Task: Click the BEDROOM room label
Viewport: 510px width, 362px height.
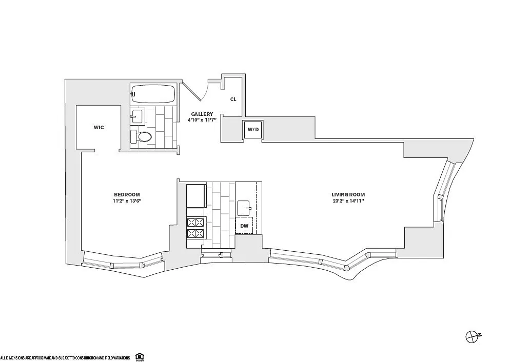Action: pos(127,195)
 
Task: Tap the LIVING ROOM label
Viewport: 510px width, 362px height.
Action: pos(348,195)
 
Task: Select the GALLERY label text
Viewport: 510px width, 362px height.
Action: pos(202,114)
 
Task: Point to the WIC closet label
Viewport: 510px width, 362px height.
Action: pos(99,127)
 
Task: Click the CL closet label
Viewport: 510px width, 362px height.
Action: pos(233,99)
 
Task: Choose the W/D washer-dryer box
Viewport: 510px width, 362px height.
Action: pos(253,130)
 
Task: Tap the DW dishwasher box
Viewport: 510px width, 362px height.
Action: pos(244,226)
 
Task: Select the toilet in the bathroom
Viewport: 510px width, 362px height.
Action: pos(141,137)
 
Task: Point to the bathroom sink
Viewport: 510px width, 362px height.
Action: pos(138,116)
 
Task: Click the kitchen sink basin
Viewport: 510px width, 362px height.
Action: pos(244,208)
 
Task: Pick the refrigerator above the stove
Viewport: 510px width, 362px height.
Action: pos(196,196)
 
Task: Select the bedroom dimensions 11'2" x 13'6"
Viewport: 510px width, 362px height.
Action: pos(127,201)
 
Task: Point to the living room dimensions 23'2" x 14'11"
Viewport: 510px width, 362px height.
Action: pos(348,201)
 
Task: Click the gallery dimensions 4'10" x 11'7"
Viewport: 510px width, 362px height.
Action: pos(202,120)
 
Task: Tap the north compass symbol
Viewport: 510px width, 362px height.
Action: pos(471,337)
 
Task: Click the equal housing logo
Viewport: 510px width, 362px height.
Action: pos(140,356)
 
